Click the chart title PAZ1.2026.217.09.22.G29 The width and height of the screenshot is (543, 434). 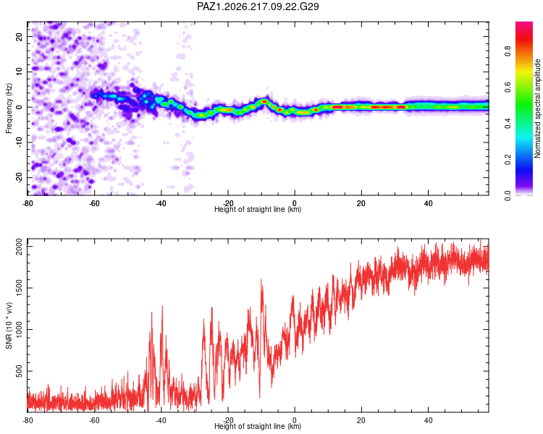(x=258, y=7)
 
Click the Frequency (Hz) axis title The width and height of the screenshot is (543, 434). (x=9, y=109)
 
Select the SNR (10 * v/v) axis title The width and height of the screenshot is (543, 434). (x=9, y=325)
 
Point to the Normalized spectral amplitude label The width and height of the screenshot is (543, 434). (x=537, y=109)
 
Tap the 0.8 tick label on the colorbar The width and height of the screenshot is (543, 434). (x=508, y=51)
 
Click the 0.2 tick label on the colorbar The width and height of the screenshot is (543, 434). (x=508, y=160)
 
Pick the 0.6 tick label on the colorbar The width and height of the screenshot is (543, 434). (x=508, y=88)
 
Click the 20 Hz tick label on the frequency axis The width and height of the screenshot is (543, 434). (x=20, y=37)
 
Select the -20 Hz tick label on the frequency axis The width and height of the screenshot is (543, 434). (x=20, y=177)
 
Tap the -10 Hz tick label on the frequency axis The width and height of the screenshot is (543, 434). (x=20, y=142)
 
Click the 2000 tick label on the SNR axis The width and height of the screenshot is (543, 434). (x=20, y=247)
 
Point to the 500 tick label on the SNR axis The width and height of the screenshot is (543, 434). (x=20, y=371)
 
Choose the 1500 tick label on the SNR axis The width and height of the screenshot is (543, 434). (x=20, y=288)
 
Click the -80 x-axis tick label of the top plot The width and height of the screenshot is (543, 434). (x=28, y=203)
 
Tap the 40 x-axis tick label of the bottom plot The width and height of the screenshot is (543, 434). (x=428, y=420)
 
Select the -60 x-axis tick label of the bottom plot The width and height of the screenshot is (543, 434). (x=94, y=420)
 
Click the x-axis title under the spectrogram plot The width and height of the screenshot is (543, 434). (x=258, y=209)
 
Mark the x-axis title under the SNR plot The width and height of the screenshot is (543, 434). (x=258, y=426)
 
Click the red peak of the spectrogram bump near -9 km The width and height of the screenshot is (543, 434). (x=264, y=101)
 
